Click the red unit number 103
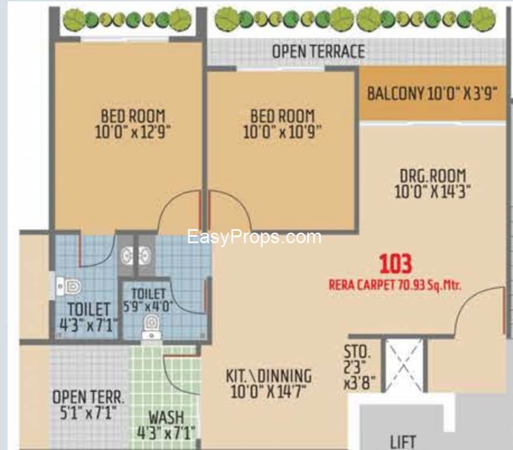pos(395,264)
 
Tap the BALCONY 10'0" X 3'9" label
pos(432,94)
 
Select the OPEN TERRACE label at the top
pos(319,52)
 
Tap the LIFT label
pos(403,442)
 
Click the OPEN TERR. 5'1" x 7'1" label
pos(89,405)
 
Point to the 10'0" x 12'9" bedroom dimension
pos(133,132)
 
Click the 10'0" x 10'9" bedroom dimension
pos(282,132)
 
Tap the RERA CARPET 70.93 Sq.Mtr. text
pos(395,285)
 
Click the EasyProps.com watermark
pos(254,237)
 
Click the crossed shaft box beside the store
pos(405,364)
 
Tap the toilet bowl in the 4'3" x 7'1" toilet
pos(69,287)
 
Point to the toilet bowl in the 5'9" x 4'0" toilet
pos(151,326)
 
